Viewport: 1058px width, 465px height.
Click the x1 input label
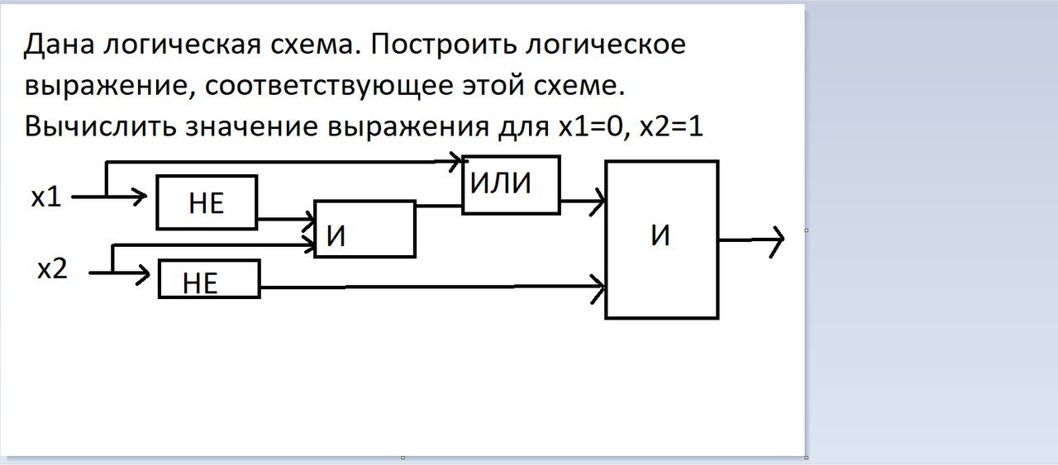click(x=46, y=198)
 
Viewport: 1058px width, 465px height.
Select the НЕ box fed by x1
click(x=207, y=202)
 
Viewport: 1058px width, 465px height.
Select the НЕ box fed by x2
click(x=209, y=279)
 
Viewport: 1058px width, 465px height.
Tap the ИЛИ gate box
click(x=510, y=184)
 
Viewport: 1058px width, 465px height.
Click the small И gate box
click(x=365, y=229)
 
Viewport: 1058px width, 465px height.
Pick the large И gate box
click(x=661, y=239)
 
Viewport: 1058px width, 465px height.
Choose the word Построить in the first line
click(x=450, y=45)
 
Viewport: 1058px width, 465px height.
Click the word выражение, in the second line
click(x=105, y=86)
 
